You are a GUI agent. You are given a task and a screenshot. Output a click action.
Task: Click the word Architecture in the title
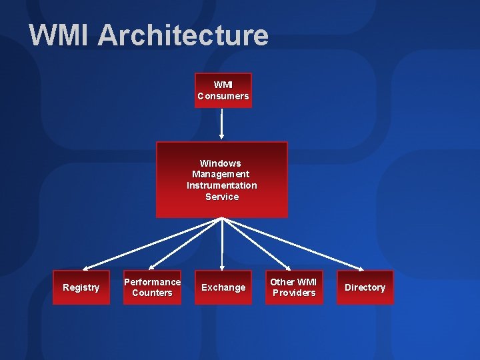click(x=183, y=35)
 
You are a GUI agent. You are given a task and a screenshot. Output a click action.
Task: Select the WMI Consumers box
click(x=223, y=90)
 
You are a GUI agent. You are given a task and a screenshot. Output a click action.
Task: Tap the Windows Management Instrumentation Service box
click(x=221, y=179)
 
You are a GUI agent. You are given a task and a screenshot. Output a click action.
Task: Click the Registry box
click(x=81, y=287)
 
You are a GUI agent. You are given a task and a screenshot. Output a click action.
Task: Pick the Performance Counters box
click(x=152, y=287)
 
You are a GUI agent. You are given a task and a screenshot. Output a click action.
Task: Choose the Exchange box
click(x=223, y=287)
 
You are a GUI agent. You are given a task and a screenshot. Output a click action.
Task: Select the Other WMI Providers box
click(x=294, y=287)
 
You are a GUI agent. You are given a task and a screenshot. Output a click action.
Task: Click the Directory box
click(x=365, y=287)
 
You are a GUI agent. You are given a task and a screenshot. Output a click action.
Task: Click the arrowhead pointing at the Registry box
click(x=84, y=267)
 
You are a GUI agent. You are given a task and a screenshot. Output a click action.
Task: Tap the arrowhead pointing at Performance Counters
click(x=155, y=267)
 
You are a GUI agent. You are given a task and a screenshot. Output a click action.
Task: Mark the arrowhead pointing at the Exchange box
click(x=222, y=267)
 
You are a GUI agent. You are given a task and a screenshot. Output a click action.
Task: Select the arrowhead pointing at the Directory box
click(x=361, y=267)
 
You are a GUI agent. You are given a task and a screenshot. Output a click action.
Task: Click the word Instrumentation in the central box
click(x=221, y=185)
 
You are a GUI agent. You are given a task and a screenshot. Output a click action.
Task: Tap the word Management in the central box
click(x=221, y=174)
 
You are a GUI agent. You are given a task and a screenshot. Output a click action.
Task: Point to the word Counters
click(x=152, y=293)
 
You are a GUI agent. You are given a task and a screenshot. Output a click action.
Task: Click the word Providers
click(x=294, y=293)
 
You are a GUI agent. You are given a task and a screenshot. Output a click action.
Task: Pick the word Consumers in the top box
click(x=223, y=96)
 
